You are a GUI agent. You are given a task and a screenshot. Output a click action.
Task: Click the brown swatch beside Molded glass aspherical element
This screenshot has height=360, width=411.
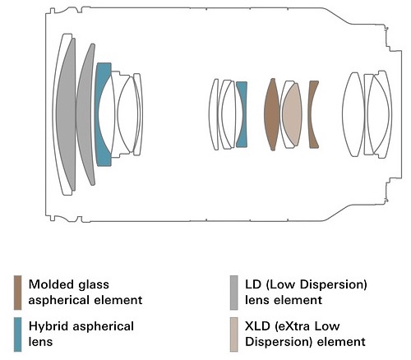17,293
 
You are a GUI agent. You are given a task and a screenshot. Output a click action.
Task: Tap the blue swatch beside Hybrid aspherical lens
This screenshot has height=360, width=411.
17,335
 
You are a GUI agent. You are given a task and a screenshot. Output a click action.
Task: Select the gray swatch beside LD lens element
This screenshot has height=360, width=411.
233,293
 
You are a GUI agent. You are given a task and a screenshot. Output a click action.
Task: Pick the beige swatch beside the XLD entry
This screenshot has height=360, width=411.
233,335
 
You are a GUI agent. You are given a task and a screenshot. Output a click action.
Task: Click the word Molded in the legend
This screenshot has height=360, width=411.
51,284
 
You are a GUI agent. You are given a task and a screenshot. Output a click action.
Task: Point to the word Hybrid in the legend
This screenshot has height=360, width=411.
48,327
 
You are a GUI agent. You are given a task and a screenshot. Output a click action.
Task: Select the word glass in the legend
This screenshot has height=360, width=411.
94,285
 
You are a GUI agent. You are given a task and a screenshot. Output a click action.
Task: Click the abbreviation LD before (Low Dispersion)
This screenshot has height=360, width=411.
253,284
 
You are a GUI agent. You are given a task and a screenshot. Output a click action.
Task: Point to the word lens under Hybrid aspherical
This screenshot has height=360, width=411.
40,342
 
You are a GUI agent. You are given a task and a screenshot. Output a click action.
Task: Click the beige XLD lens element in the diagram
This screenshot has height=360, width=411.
292,114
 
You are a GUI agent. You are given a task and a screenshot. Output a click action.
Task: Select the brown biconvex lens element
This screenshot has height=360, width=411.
272,114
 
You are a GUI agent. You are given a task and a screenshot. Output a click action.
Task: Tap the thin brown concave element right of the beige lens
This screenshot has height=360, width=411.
312,114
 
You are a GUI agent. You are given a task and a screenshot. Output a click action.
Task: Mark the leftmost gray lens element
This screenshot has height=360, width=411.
67,114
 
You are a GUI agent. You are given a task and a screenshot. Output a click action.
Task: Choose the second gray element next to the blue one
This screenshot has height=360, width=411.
85,114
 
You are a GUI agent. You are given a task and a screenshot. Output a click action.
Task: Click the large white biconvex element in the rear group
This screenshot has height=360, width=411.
353,114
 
